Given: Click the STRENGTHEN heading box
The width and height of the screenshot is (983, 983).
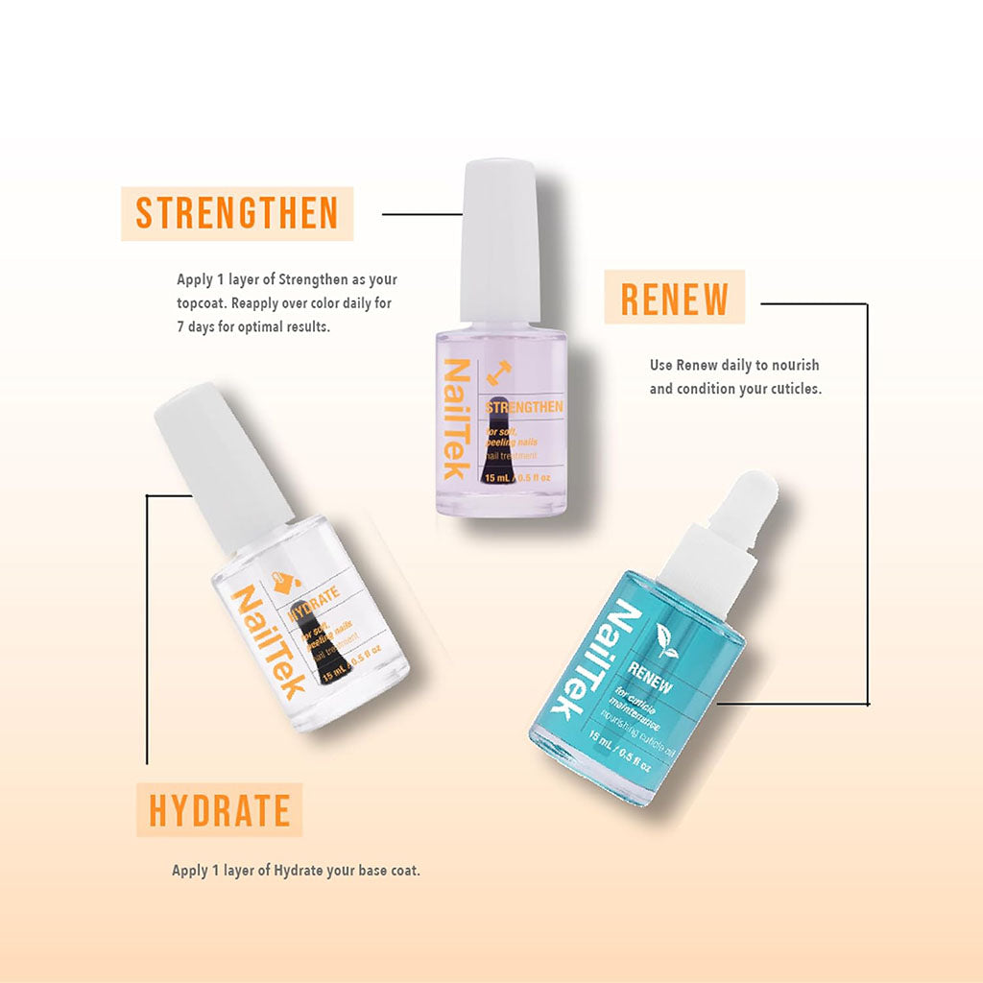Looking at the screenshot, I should coord(236,213).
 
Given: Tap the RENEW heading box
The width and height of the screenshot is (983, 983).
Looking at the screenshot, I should coord(674,298).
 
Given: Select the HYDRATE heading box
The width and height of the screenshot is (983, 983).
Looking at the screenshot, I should coord(219,810).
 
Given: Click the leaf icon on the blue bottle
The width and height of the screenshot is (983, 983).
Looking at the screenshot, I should coord(663,636).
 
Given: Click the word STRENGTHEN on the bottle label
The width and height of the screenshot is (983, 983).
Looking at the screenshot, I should coord(525,408).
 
